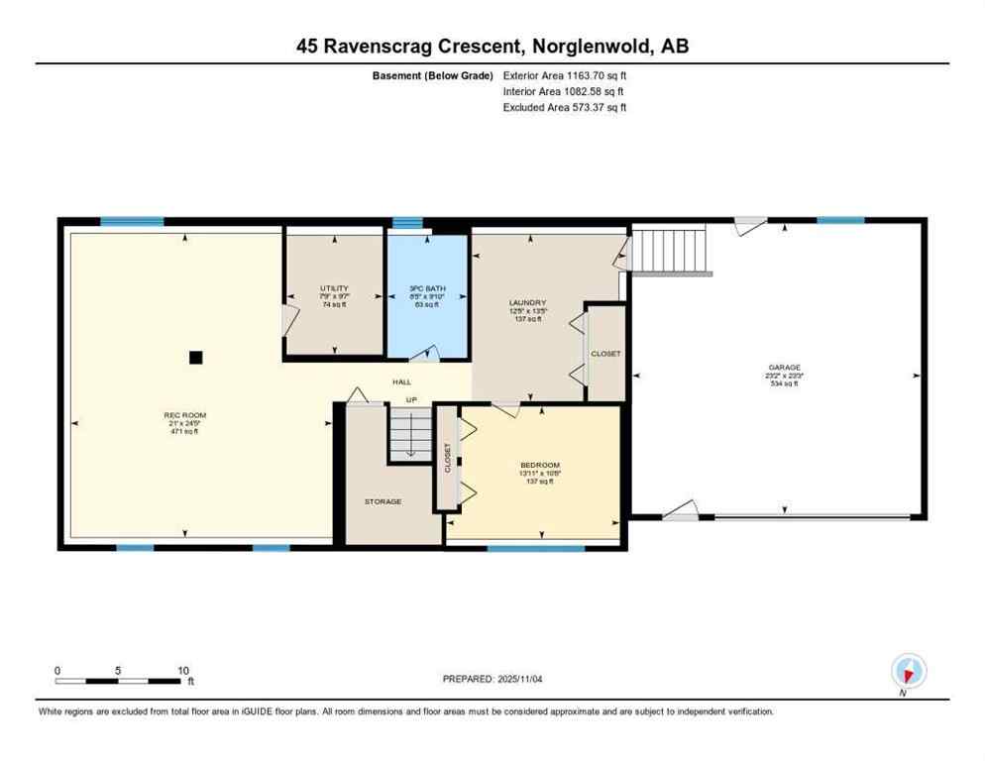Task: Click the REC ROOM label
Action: (x=185, y=415)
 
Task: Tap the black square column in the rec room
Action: (x=196, y=357)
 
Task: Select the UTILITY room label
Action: (x=334, y=288)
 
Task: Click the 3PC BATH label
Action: (x=428, y=288)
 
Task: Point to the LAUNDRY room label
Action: (x=527, y=303)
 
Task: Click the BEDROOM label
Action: (x=540, y=465)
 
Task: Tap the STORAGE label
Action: (x=383, y=501)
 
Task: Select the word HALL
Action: (x=401, y=381)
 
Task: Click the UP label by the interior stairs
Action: (x=410, y=399)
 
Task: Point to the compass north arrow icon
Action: (x=908, y=671)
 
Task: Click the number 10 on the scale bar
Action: (x=183, y=670)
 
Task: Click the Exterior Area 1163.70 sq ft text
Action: (x=565, y=74)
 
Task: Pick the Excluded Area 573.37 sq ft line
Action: (x=565, y=107)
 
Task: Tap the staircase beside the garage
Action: (x=672, y=249)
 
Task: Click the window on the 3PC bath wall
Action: (x=407, y=222)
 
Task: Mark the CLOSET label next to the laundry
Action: (x=605, y=354)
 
